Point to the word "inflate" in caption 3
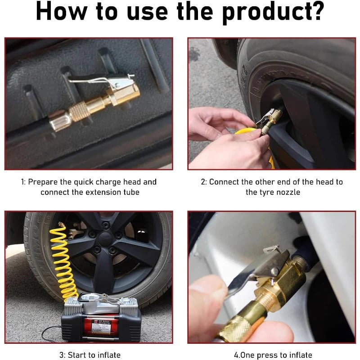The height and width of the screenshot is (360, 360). tap(106, 355)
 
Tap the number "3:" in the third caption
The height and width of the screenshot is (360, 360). tap(63, 355)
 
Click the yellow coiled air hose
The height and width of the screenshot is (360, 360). tap(61, 261)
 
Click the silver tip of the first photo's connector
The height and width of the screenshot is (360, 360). tap(56, 122)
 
